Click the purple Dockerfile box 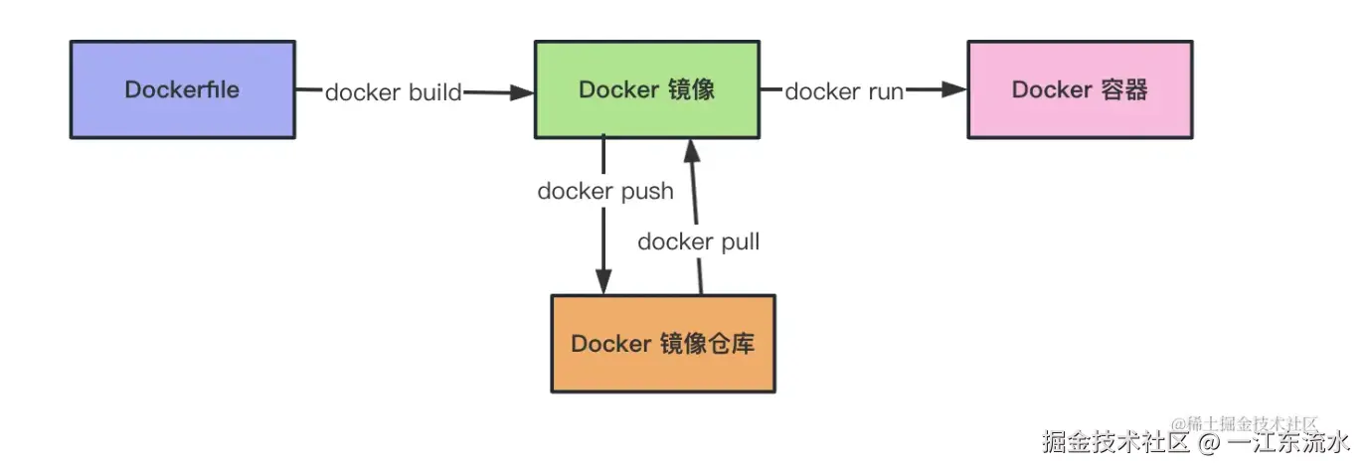(182, 89)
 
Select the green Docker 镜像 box (647, 89)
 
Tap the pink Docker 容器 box (1080, 89)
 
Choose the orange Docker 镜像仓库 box (663, 344)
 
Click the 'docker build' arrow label (394, 92)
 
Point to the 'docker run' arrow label (844, 92)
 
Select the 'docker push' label (605, 191)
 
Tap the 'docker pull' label (699, 241)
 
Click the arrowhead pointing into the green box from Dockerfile (523, 93)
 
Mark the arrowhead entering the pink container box (955, 89)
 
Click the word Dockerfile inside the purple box (182, 89)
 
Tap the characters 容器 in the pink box (1125, 89)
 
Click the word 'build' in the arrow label (435, 92)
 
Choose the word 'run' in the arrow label (884, 92)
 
